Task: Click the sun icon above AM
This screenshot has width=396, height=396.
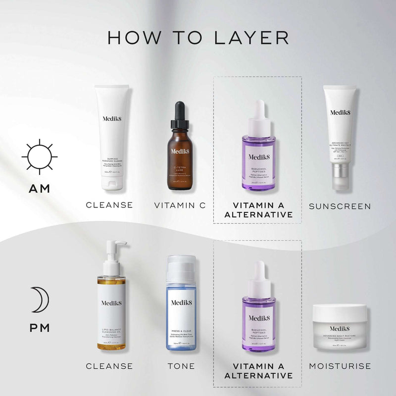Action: pyautogui.click(x=40, y=157)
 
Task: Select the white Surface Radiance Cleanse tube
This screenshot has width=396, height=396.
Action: pyautogui.click(x=112, y=137)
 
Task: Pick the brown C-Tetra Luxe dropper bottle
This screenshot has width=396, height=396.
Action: pyautogui.click(x=179, y=153)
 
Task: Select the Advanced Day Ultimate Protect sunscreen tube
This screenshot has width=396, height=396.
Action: pyautogui.click(x=339, y=131)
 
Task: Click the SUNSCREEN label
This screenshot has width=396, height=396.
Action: pyautogui.click(x=340, y=206)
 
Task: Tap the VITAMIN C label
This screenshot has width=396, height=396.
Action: pyautogui.click(x=179, y=205)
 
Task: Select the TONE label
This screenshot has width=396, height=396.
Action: pyautogui.click(x=181, y=366)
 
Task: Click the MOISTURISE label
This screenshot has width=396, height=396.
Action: pyautogui.click(x=340, y=366)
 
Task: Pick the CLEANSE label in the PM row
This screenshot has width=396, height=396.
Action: pyautogui.click(x=109, y=366)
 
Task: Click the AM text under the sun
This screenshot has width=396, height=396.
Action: pyautogui.click(x=40, y=190)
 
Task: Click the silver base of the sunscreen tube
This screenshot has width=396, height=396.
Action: pyautogui.click(x=339, y=177)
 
